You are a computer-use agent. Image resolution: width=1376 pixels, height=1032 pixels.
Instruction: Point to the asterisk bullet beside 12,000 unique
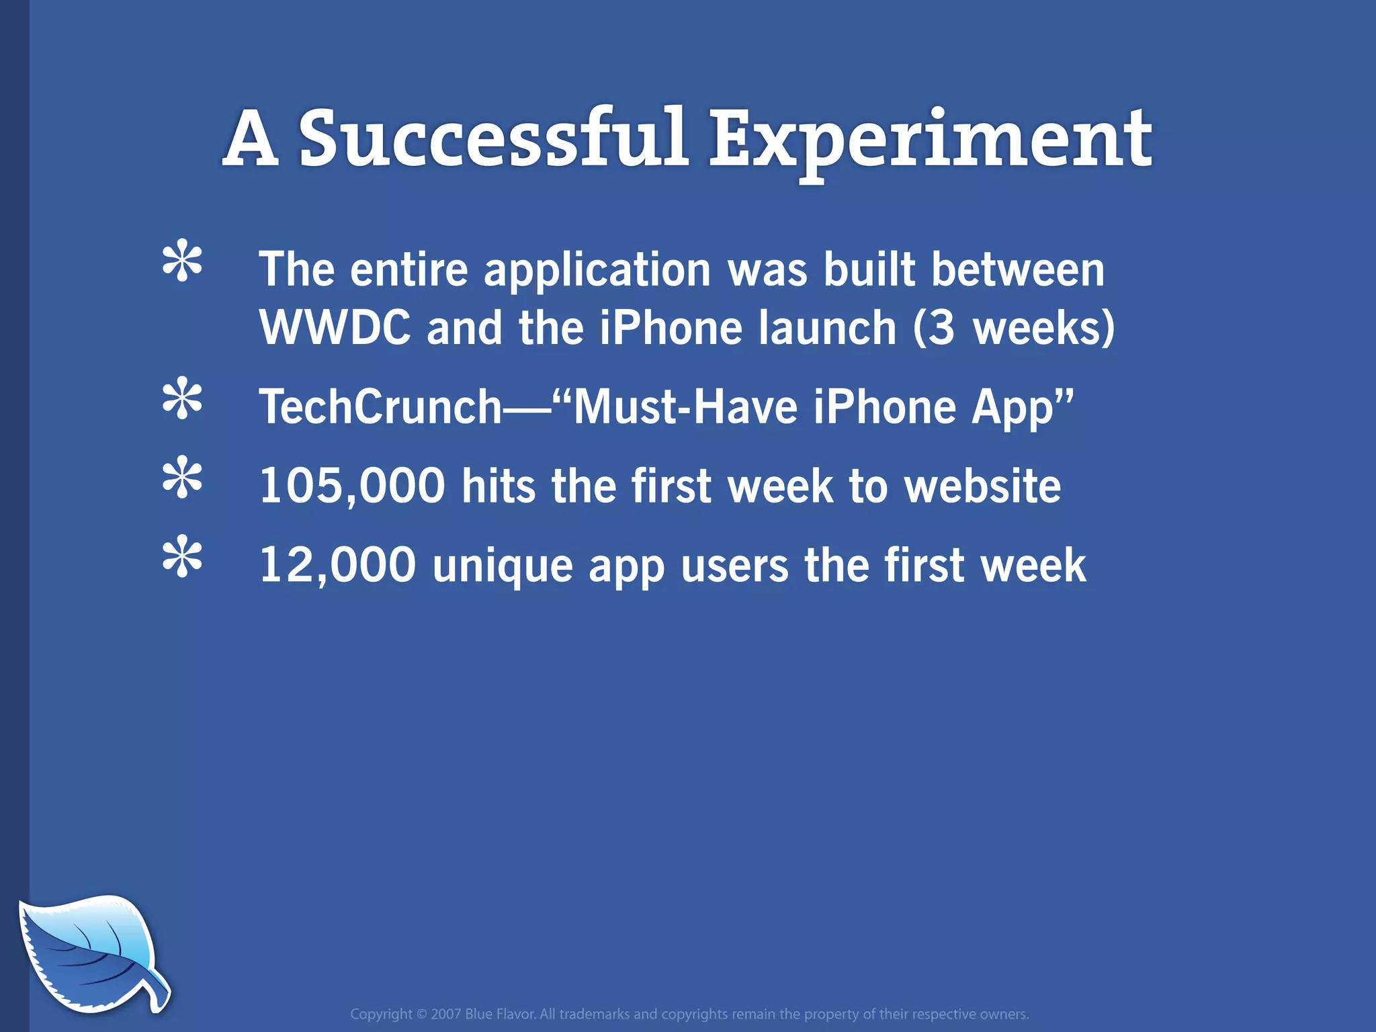182,557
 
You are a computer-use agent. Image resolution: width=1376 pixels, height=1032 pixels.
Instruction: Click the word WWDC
335,328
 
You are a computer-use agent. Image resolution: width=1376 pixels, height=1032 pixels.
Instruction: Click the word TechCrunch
380,407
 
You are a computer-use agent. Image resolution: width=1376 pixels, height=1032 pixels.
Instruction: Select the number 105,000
352,486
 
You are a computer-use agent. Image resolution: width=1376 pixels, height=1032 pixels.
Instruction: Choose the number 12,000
337,565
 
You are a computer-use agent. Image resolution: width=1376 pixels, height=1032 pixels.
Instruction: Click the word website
982,486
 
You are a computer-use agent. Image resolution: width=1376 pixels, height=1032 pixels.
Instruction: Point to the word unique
503,566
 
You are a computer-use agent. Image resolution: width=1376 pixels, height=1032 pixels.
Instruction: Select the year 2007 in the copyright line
446,1014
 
